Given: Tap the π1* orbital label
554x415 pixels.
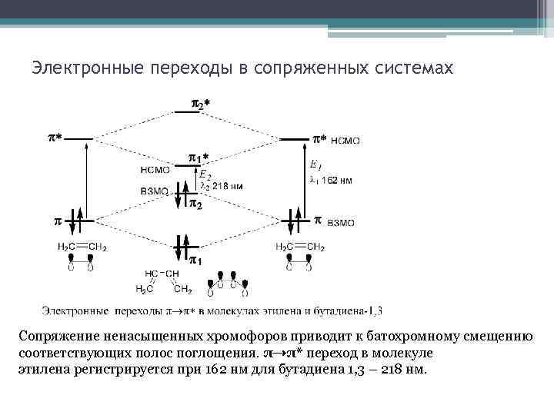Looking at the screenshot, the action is coord(199,158).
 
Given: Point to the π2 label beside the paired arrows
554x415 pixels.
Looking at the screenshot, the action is coord(196,204).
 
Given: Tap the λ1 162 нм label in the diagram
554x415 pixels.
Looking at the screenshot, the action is coord(331,181).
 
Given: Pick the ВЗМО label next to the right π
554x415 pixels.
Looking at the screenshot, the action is coord(340,222).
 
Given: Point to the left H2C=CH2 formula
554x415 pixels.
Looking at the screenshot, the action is coord(82,247).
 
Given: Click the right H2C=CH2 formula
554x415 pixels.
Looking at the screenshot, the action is coord(300,247).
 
